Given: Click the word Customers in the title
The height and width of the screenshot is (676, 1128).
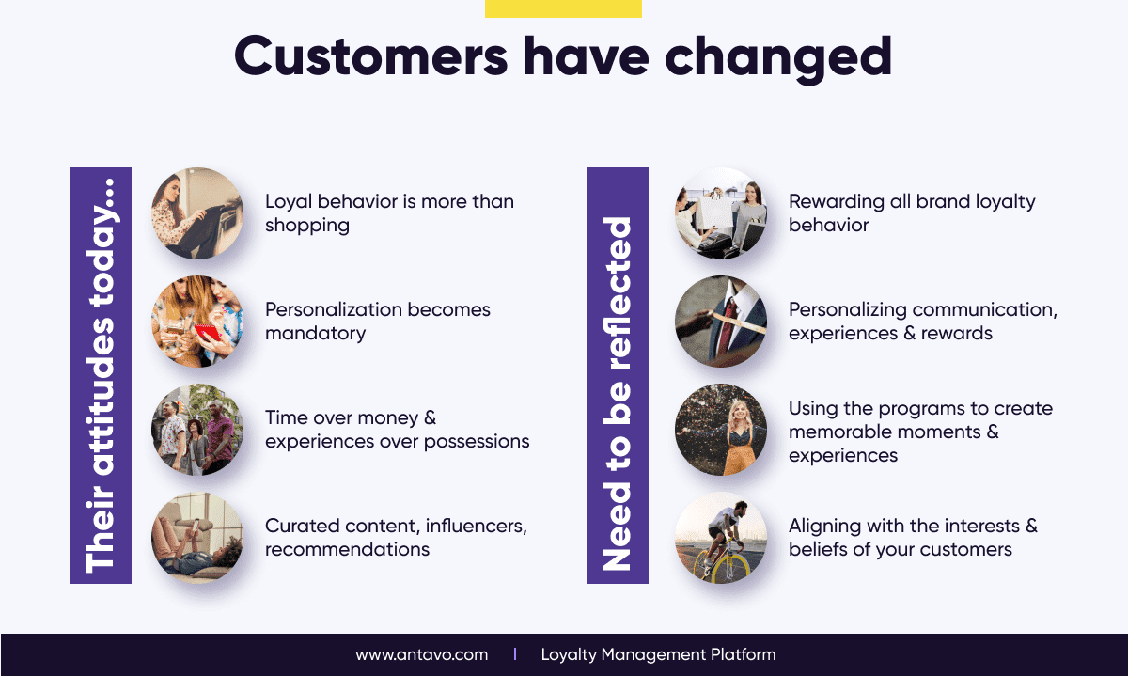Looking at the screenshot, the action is [370, 55].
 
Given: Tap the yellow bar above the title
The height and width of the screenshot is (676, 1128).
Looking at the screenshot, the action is [563, 8].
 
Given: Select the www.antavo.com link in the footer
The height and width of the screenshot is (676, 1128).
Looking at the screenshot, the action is [421, 654].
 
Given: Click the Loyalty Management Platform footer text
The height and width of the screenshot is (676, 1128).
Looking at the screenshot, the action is [658, 654].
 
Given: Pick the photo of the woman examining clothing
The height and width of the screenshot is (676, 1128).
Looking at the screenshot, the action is [197, 213].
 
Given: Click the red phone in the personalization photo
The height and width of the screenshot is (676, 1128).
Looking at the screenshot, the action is [207, 334].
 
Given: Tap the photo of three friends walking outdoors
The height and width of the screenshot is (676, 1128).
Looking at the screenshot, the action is [197, 430].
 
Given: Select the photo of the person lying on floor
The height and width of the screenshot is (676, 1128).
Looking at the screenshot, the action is [197, 538].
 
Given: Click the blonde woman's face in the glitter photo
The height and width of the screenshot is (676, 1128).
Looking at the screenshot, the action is [740, 411].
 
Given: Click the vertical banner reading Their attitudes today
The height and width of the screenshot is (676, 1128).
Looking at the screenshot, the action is [101, 376].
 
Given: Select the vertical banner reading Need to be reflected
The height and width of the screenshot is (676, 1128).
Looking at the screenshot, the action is [618, 376].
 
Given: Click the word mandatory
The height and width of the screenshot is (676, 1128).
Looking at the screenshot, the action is [315, 334].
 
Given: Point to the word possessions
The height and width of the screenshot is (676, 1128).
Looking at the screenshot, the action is [477, 442].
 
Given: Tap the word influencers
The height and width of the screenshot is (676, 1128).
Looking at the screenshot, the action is [477, 526].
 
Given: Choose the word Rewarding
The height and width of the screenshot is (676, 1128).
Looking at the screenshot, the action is [837, 202].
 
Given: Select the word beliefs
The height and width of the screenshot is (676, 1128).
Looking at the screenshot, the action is [819, 550].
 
